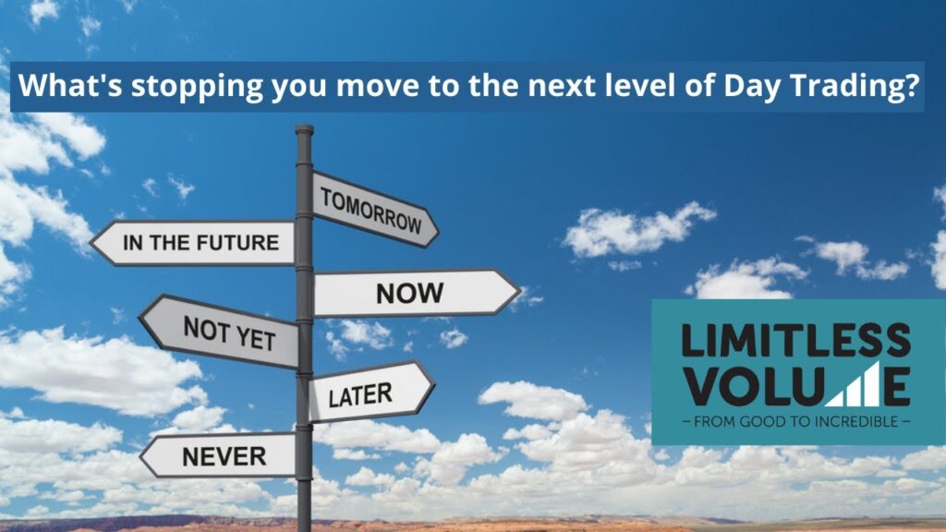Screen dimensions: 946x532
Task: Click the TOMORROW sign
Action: [375, 210]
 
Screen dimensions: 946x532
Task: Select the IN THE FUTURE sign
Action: [193, 243]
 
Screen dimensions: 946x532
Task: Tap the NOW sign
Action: [417, 293]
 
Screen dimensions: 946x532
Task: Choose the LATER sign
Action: [371, 392]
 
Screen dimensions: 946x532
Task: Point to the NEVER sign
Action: [218, 456]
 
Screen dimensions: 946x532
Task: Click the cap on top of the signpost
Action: [304, 129]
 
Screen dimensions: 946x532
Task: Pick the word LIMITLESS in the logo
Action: [795, 340]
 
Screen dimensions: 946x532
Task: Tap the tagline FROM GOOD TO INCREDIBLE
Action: [795, 421]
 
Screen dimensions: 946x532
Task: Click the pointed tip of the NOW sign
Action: [520, 292]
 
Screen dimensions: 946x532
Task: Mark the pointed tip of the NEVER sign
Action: [140, 456]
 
